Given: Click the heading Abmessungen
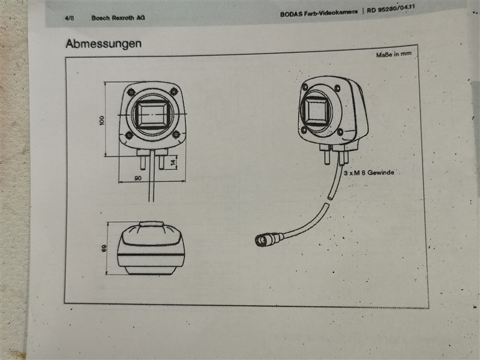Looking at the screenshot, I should click(x=103, y=44).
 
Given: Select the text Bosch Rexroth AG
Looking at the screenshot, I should click(x=118, y=18).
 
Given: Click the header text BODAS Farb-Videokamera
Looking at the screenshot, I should click(x=320, y=13).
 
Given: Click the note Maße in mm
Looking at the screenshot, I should click(x=394, y=55).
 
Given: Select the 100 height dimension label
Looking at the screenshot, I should click(x=102, y=119).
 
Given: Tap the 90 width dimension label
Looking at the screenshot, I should click(x=137, y=178).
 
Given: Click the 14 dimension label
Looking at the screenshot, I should click(x=173, y=162).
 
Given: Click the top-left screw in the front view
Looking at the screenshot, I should click(x=131, y=92).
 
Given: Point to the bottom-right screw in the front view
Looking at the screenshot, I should click(x=176, y=134).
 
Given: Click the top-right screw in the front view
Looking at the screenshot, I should click(x=174, y=91).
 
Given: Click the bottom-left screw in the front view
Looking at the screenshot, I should click(x=130, y=136).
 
